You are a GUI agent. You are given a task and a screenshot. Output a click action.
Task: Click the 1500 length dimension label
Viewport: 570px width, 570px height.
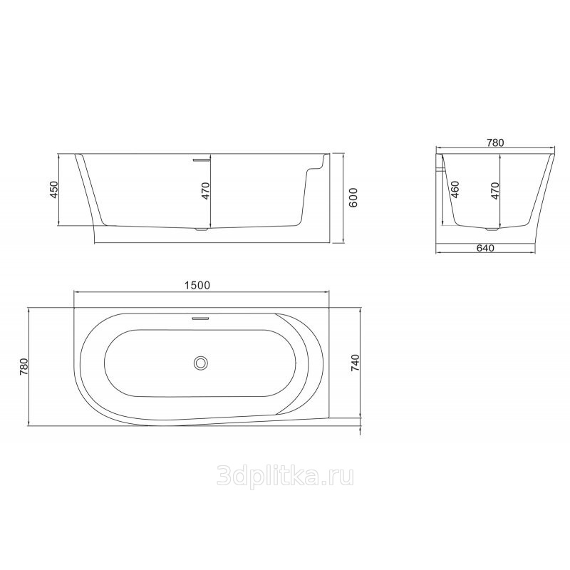[197, 286]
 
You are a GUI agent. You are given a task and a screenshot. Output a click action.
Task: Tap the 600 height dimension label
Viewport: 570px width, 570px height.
[353, 197]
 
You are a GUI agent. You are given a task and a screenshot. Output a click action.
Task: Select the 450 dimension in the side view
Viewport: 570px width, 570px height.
[54, 190]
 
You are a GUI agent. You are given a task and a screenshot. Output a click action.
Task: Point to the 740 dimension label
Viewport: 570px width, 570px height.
[355, 363]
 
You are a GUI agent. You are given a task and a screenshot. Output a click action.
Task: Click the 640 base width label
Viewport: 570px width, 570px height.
[485, 248]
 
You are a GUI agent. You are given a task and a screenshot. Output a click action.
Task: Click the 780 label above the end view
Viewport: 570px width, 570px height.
[494, 143]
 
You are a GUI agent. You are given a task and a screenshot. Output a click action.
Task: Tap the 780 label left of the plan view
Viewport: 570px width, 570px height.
[24, 367]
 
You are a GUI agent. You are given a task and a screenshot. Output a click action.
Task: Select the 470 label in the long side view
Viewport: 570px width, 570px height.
[206, 191]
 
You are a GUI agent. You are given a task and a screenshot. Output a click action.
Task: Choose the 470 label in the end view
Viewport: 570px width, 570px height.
[494, 190]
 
